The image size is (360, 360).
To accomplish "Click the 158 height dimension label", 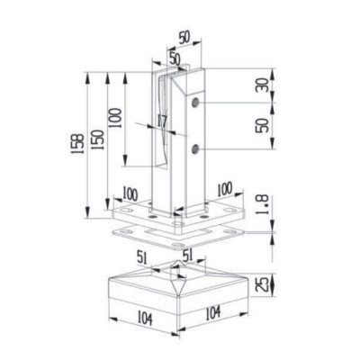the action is click(x=76, y=144).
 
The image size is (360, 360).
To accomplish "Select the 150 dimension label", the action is click(x=98, y=139).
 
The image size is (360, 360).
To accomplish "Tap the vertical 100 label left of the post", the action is click(x=115, y=118).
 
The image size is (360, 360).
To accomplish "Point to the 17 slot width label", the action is click(x=162, y=121).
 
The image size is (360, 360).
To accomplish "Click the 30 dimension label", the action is click(x=262, y=85).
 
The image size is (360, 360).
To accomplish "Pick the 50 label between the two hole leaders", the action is click(x=262, y=125).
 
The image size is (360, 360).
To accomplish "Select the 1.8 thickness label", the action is click(x=262, y=205).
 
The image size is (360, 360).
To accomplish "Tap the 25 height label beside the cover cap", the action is click(x=262, y=284).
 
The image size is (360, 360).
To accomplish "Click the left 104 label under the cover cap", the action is click(x=145, y=318).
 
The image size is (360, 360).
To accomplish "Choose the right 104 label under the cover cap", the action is click(x=213, y=313).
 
